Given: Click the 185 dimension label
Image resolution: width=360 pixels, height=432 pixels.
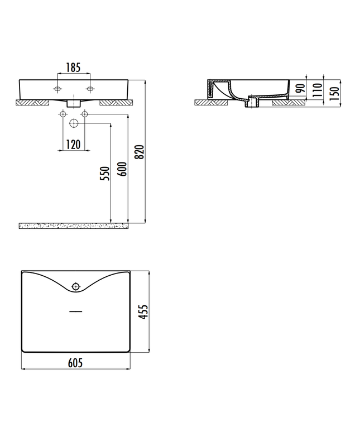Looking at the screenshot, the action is click(73, 68).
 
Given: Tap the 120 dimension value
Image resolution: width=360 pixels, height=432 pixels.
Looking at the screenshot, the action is click(73, 145).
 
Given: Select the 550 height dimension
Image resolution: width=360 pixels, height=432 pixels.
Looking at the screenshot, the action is click(105, 173).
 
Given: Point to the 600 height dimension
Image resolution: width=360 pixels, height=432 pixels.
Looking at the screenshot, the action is click(122, 169).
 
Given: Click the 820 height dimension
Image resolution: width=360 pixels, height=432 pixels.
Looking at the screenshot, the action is click(140, 152).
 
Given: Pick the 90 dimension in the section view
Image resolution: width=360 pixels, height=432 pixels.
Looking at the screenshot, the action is click(301, 88).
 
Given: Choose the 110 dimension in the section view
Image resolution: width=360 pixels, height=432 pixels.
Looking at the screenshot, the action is click(318, 89).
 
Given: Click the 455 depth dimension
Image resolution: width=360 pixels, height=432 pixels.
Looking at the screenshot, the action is click(143, 312).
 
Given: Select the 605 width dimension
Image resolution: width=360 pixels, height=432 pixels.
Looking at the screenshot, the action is click(75, 363).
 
